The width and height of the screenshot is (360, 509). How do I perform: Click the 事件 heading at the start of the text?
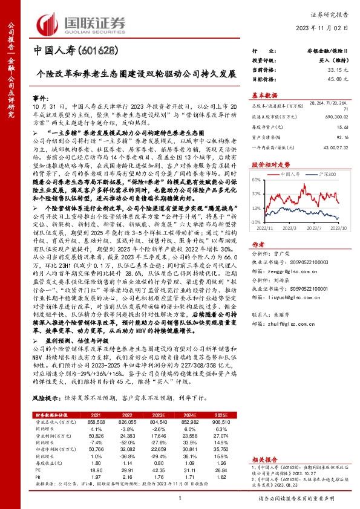[x=39, y=97]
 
